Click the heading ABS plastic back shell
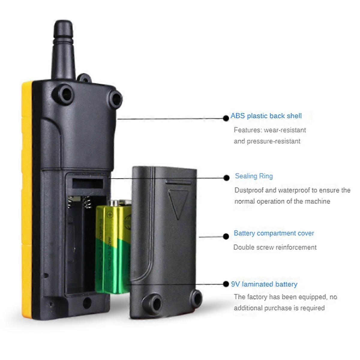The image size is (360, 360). pos(266,116)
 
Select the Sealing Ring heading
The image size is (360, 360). pos(254,176)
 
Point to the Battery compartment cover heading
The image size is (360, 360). pos(274,233)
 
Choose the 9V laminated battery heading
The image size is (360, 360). pos(264,284)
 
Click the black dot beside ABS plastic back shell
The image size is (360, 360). pos(226,118)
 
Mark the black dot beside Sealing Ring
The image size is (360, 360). pos(226,178)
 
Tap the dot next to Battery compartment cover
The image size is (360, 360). pos(226,237)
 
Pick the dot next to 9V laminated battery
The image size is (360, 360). pos(226,284)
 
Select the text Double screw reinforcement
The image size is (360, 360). pos(275,247)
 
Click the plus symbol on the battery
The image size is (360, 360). pos(110,215)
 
